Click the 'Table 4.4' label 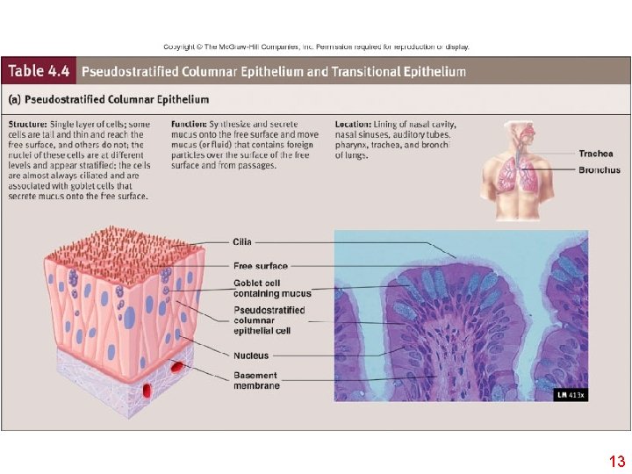coord(39,71)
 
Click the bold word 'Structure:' coord(29,125)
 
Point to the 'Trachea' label coord(596,154)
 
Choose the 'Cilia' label coord(242,241)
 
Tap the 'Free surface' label coord(260,266)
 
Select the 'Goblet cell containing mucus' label coord(271,288)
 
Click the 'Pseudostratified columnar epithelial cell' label coord(269,320)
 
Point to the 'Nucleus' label coord(251,355)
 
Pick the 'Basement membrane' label coord(256,381)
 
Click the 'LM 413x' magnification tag coord(571,395)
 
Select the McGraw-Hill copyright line coord(316,47)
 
